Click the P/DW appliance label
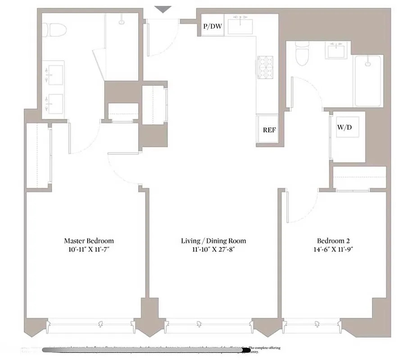213,27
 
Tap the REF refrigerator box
269,130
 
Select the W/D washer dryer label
344,127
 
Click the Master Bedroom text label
89,241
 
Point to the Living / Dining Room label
213,241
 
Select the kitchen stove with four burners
265,67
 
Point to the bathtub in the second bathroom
369,81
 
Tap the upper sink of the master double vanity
55,72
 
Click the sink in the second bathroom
335,51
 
